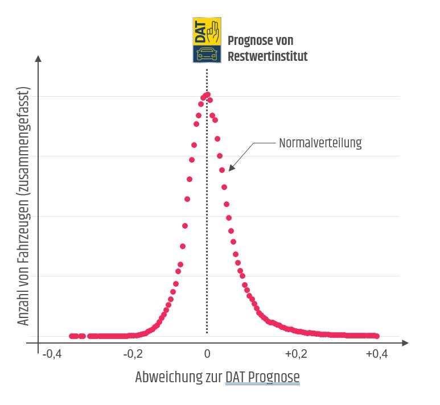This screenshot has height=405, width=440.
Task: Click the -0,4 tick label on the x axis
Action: [x=52, y=354]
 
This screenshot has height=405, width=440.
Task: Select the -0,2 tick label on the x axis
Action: [x=133, y=354]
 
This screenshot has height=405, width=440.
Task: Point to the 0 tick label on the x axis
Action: [x=207, y=354]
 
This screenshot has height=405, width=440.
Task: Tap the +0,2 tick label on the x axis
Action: [x=295, y=354]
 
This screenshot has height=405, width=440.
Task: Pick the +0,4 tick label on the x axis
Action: [x=376, y=354]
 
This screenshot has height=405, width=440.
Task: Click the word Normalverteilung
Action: [x=320, y=143]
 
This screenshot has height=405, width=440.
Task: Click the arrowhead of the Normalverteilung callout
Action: [x=230, y=168]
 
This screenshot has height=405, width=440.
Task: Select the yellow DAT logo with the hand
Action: [x=207, y=31]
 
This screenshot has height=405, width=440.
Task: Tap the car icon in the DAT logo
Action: [x=207, y=54]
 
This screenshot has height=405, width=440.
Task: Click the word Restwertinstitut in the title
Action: [x=268, y=56]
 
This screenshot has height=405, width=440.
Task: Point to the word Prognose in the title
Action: [x=253, y=41]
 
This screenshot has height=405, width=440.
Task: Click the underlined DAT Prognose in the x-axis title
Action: [x=262, y=377]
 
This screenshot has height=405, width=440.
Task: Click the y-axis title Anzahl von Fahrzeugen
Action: [x=23, y=208]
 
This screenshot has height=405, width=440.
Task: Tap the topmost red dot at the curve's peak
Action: [x=207, y=94]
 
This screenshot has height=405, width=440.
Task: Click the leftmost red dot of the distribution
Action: [x=71, y=336]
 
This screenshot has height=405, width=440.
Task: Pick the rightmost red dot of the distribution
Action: [x=377, y=336]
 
